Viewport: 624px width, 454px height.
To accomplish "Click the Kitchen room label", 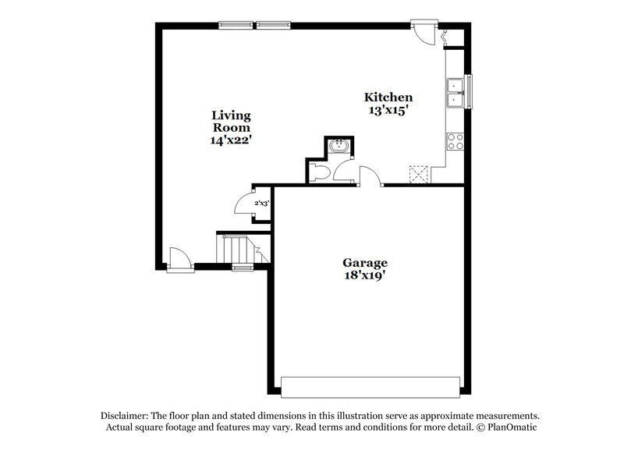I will [388, 98].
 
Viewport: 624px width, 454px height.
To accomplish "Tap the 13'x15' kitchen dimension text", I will [388, 110].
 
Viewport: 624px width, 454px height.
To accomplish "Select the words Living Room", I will [232, 121].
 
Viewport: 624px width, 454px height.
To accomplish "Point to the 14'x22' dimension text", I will [232, 140].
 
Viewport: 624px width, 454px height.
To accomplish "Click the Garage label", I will [365, 263].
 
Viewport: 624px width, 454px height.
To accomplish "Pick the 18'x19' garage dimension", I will [365, 275].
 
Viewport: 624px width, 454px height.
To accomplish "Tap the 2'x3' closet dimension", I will [261, 203].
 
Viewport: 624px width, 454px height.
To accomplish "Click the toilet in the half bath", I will [317, 172].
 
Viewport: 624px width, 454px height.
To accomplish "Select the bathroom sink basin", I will [339, 146].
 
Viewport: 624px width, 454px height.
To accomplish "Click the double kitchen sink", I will [455, 92].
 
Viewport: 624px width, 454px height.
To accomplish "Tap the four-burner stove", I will [455, 140].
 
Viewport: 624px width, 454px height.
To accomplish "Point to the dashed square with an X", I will [420, 174].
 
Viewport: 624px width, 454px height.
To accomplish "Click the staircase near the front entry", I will [234, 250].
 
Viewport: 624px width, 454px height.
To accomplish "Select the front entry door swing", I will [178, 257].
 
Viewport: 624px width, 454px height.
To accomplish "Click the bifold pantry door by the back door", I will [446, 36].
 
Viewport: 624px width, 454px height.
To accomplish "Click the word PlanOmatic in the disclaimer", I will [511, 427].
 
